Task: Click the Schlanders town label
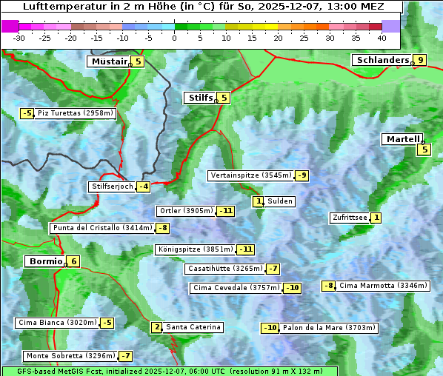pyautogui.click(x=382, y=60)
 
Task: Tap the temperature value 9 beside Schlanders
pyautogui.click(x=420, y=61)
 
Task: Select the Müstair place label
pyautogui.click(x=108, y=61)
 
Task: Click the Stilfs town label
pyautogui.click(x=199, y=98)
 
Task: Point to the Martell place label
pyautogui.click(x=402, y=139)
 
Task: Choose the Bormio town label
pyautogui.click(x=44, y=261)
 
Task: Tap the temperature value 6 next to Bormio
pyautogui.click(x=73, y=261)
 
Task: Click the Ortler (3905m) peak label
pyautogui.click(x=187, y=211)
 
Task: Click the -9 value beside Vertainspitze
pyautogui.click(x=302, y=175)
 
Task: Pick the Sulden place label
pyautogui.click(x=280, y=201)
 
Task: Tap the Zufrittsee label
pyautogui.click(x=350, y=218)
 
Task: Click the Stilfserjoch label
pyautogui.click(x=112, y=187)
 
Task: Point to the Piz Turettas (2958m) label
pyautogui.click(x=75, y=113)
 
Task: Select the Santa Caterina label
pyautogui.click(x=193, y=327)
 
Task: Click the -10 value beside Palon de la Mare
pyautogui.click(x=270, y=328)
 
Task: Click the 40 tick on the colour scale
pyautogui.click(x=382, y=38)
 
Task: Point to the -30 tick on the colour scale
pyautogui.click(x=19, y=38)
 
